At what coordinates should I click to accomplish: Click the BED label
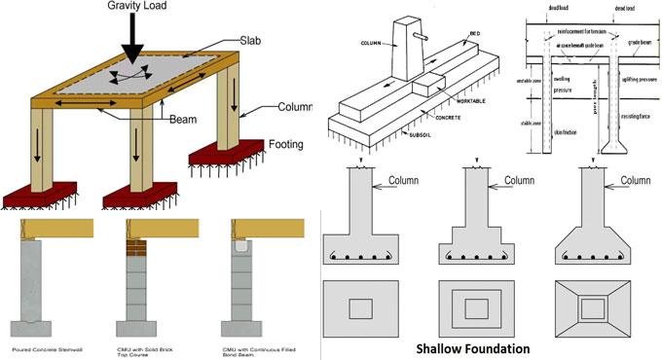pyautogui.click(x=473, y=34)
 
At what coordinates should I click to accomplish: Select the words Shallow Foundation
pyautogui.click(x=472, y=347)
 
